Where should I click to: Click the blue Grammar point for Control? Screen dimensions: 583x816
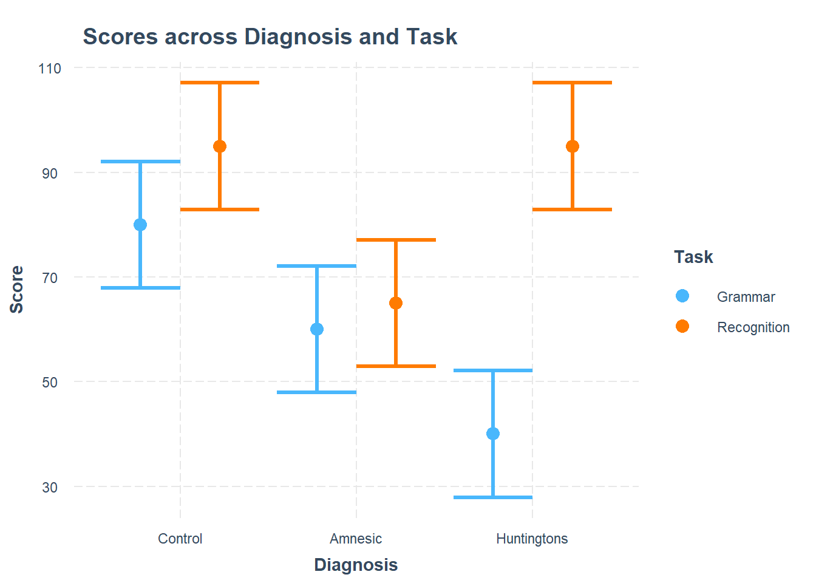[x=140, y=225]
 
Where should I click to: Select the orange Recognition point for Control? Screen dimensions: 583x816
[x=220, y=146]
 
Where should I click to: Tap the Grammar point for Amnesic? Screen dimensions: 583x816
[x=317, y=329]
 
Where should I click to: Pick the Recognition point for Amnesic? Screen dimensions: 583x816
[x=396, y=303]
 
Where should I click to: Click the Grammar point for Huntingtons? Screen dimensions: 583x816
[x=493, y=434]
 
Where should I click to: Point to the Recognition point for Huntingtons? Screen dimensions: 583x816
[x=573, y=146]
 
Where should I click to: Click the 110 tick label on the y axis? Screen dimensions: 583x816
[x=50, y=69]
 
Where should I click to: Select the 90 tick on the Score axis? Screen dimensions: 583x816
[x=50, y=174]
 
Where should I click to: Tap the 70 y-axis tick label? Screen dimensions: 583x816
[x=50, y=278]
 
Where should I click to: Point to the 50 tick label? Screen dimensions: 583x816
[x=50, y=383]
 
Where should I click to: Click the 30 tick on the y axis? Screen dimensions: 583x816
[x=50, y=488]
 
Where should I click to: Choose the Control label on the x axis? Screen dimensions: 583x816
[x=180, y=539]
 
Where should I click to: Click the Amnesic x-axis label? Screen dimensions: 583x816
[x=356, y=539]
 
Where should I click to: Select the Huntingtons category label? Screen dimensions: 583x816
[x=532, y=539]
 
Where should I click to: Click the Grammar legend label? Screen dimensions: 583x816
[x=746, y=297]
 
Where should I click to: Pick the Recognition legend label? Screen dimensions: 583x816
[x=753, y=327]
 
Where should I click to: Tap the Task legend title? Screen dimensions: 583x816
[x=693, y=257]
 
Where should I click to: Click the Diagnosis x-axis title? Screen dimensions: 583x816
[x=356, y=565]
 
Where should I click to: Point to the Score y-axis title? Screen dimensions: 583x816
[x=17, y=289]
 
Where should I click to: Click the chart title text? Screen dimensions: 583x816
[x=270, y=37]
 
